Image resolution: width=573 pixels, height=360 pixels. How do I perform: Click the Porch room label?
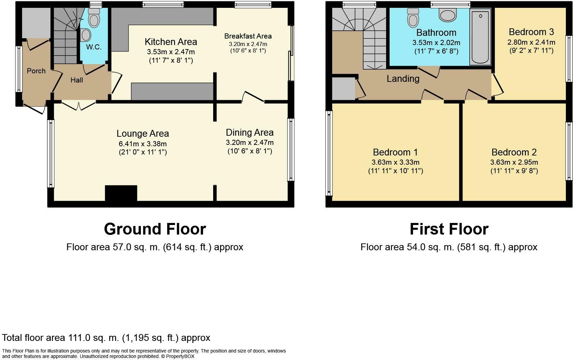[36, 71]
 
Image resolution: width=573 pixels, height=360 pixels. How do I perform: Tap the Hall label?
[77, 80]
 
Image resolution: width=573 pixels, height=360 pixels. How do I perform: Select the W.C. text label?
[93, 47]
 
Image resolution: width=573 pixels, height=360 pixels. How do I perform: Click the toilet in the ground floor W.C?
[94, 18]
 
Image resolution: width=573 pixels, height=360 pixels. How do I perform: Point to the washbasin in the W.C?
[85, 35]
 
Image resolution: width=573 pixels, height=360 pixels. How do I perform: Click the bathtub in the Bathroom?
[480, 36]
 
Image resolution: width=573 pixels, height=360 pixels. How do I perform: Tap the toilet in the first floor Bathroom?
[413, 18]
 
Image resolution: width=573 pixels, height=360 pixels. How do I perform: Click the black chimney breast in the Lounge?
[121, 193]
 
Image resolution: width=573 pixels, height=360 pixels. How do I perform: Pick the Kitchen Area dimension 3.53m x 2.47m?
[171, 52]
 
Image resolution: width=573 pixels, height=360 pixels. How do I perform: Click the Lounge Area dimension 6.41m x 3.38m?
[143, 144]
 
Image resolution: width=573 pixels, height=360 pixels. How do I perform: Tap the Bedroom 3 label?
[531, 32]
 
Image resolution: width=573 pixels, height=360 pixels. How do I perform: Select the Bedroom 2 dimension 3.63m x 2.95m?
[514, 162]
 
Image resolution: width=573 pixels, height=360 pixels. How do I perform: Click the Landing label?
[403, 79]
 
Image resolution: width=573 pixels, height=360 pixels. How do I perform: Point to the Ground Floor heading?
[155, 229]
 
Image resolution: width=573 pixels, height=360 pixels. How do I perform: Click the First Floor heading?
[449, 229]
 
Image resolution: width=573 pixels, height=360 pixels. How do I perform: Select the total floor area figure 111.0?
[79, 338]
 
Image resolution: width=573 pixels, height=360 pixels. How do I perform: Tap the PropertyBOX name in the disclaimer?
[180, 357]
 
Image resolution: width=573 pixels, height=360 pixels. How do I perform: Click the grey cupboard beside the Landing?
[343, 89]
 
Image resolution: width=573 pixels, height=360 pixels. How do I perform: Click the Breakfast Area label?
[248, 36]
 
